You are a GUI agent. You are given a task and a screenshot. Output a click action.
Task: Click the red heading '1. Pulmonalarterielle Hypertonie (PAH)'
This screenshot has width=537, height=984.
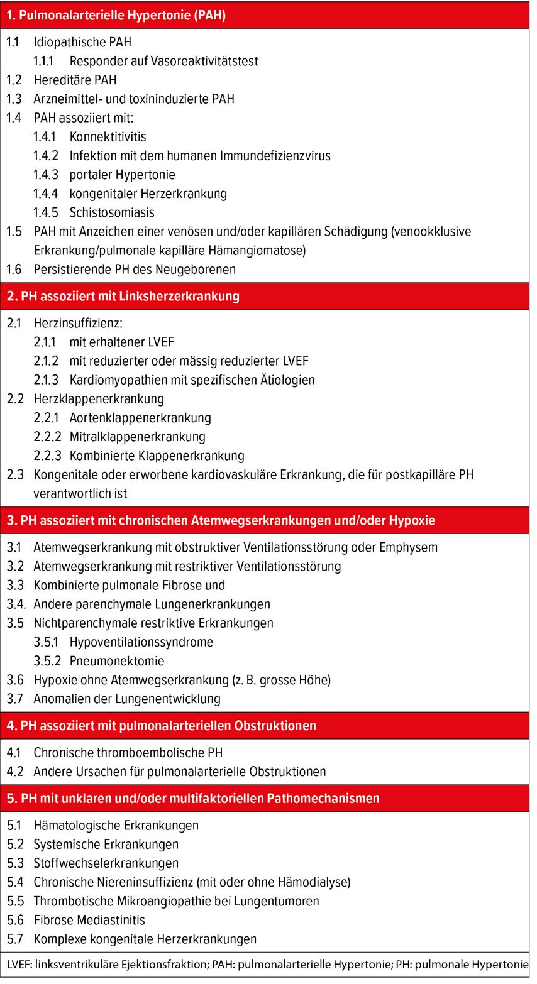[116, 16]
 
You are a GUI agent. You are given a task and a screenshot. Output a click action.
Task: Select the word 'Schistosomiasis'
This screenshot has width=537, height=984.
[112, 212]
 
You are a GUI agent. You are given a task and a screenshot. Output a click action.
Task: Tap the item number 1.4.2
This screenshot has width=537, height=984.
[46, 156]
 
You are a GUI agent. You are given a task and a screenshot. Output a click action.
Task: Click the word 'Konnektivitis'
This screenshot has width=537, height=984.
[108, 137]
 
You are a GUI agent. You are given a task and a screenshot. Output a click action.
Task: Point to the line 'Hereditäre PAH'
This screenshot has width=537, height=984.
[75, 80]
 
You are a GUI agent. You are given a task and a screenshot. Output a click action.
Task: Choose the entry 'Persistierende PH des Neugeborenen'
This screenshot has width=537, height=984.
[135, 270]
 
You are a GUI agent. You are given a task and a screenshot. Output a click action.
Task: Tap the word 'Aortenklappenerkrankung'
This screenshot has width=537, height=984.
[140, 418]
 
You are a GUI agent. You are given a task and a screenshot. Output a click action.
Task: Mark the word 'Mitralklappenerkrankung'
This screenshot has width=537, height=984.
[137, 437]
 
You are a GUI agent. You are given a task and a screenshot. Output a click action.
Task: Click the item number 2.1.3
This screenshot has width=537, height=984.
[46, 380]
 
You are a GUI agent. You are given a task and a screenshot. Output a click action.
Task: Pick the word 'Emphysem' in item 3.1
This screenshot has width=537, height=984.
[408, 547]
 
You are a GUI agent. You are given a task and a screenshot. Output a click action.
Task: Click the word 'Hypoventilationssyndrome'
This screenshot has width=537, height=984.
[141, 642]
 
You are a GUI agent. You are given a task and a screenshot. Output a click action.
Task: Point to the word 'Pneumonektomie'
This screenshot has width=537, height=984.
[117, 661]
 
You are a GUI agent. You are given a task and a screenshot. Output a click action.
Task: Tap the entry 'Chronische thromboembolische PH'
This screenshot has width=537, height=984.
[128, 753]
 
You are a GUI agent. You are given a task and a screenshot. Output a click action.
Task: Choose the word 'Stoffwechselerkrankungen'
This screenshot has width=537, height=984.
[106, 863]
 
